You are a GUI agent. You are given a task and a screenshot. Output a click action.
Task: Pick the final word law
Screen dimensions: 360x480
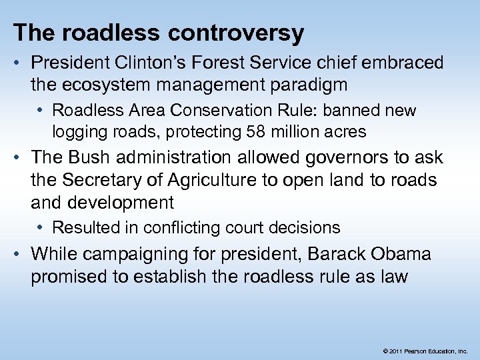tap(393, 277)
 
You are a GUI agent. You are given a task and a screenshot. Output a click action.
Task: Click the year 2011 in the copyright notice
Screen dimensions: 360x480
tap(394, 350)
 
